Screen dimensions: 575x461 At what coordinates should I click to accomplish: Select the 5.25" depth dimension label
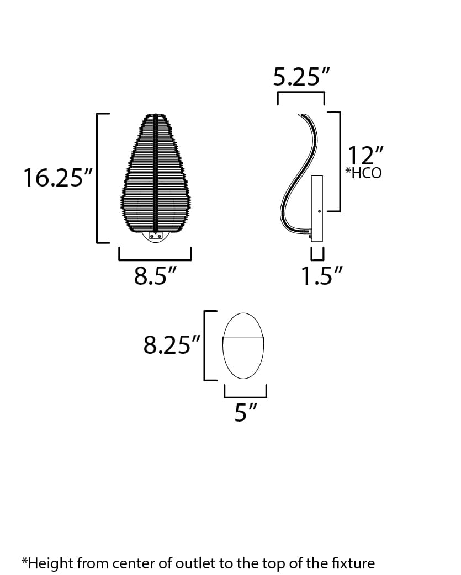[300, 77]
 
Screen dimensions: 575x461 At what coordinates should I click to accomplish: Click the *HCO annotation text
[363, 173]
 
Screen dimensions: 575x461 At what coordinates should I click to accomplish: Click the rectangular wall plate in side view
[317, 207]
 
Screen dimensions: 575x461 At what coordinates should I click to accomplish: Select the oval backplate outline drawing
[243, 346]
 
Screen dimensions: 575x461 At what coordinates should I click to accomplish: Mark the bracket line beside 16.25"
[98, 178]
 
